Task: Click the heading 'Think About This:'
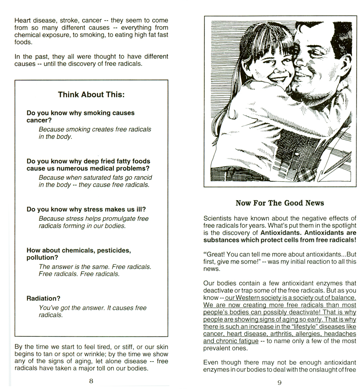coord(91,95)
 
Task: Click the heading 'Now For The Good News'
coord(280,203)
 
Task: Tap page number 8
coord(91,381)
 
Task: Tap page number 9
coord(280,383)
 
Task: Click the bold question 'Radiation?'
coord(44,298)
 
